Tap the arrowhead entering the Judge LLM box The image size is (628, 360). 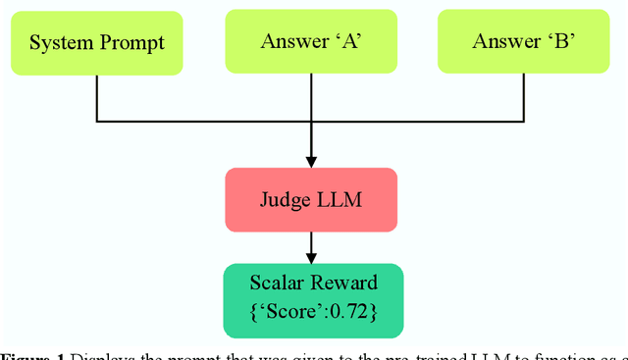[x=312, y=161]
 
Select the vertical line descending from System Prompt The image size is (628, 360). [x=96, y=98]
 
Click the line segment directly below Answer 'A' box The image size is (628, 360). [x=312, y=98]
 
